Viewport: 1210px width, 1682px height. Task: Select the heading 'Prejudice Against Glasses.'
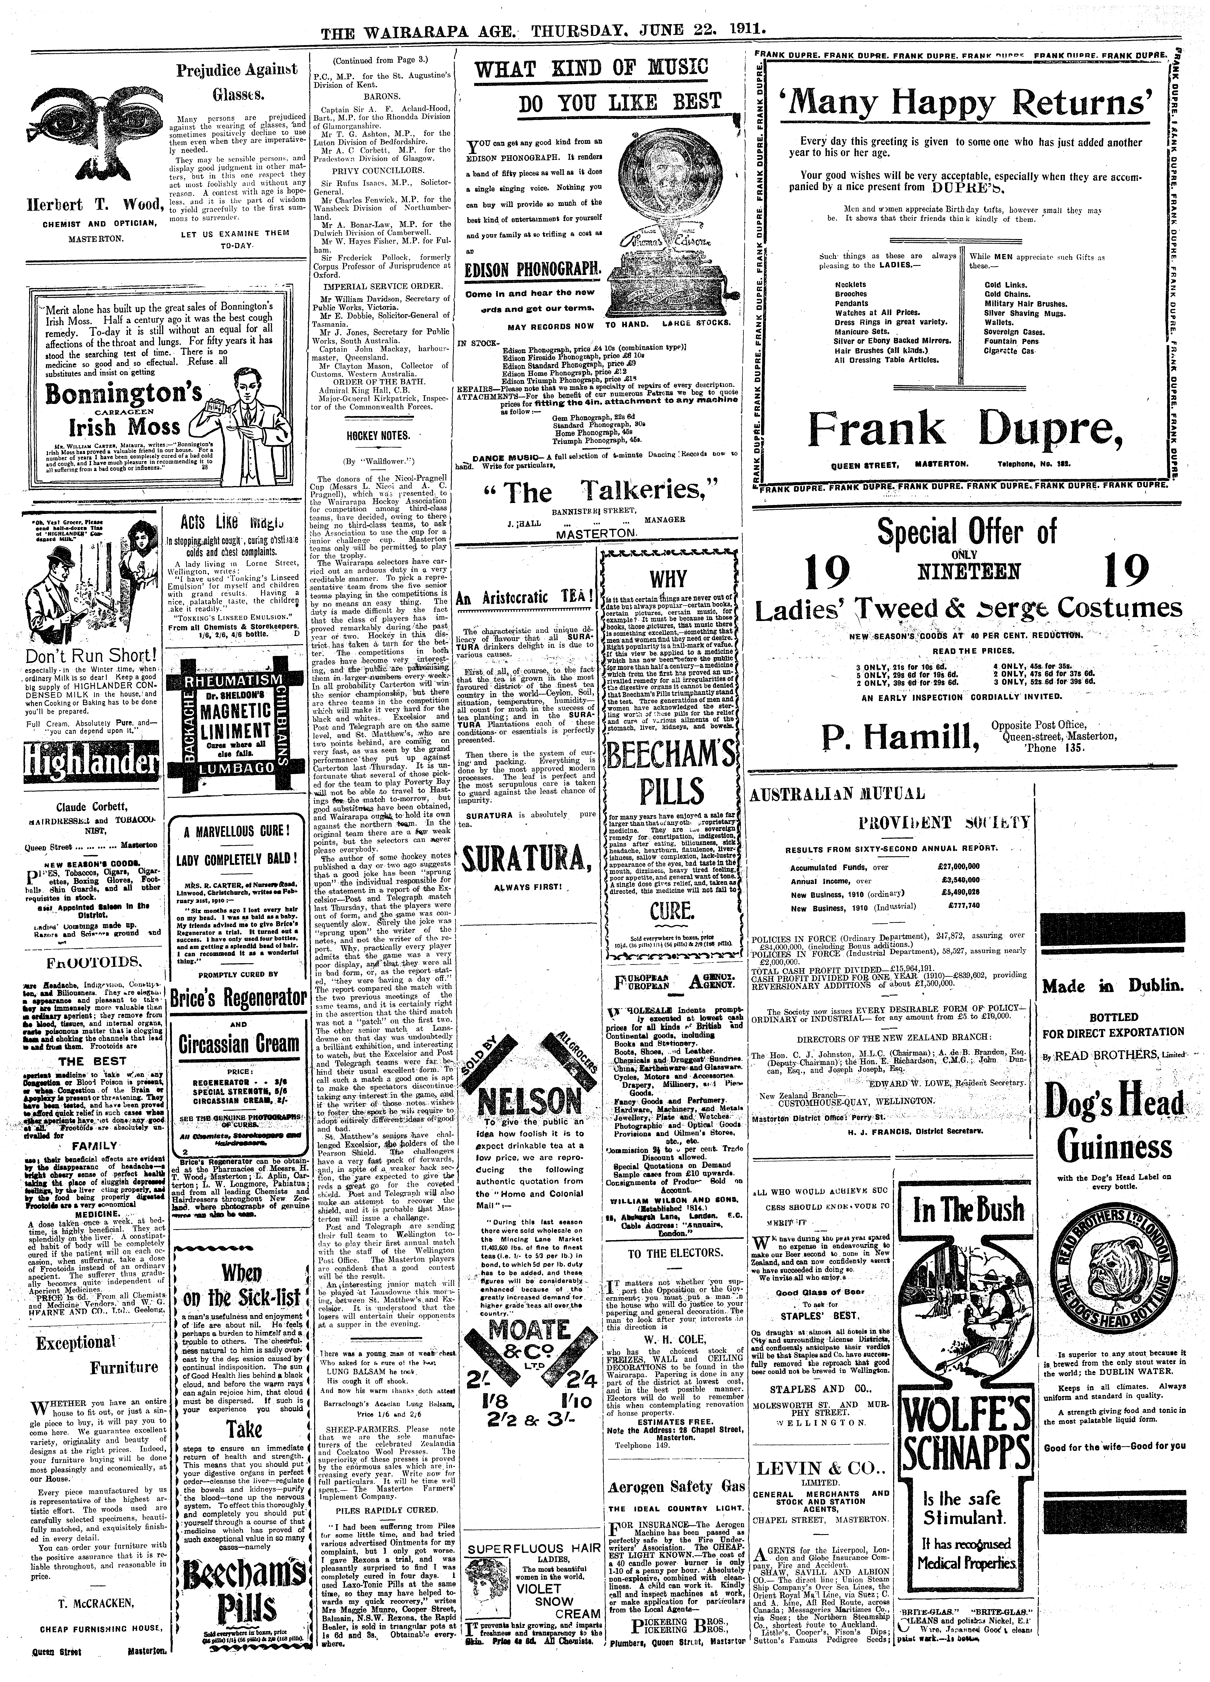point(236,82)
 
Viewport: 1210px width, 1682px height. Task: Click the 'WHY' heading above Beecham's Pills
point(669,579)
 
